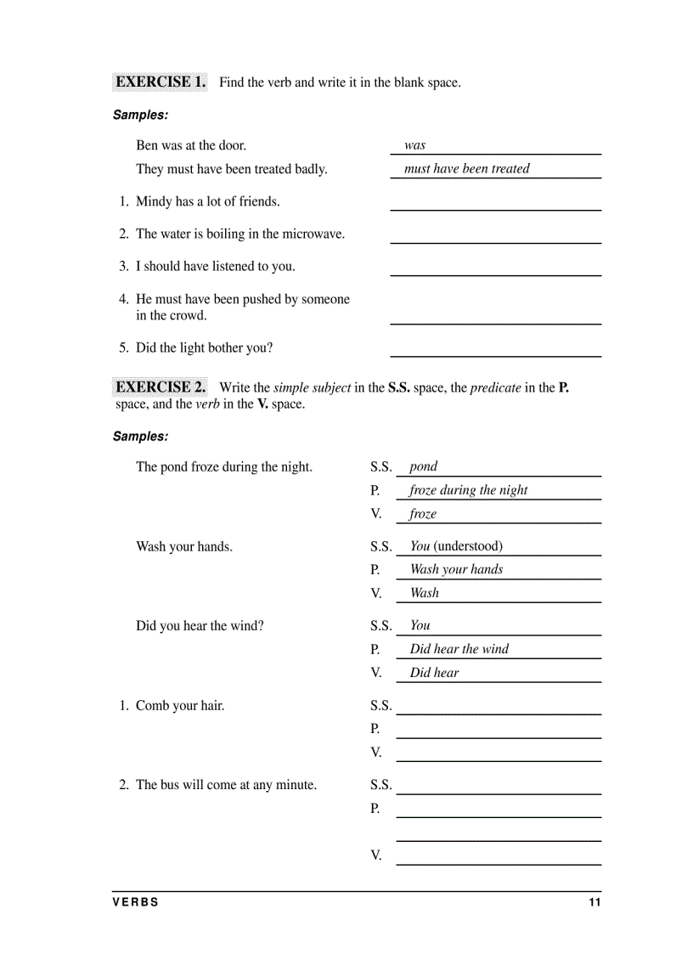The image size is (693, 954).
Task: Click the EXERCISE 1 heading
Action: [161, 82]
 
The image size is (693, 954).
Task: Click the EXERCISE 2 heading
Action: [161, 387]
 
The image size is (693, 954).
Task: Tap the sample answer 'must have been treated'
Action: [466, 169]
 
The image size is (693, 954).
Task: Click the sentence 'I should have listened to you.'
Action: [216, 267]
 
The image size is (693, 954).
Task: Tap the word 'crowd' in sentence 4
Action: [188, 316]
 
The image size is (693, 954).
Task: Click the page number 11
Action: [594, 902]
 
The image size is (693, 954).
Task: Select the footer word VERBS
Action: [135, 902]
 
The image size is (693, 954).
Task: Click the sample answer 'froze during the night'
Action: [468, 490]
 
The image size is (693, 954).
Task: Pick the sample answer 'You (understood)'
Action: [456, 546]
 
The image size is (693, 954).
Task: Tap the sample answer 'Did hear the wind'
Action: [459, 649]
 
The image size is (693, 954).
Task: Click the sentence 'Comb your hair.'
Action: [180, 706]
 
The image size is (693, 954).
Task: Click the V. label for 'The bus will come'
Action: [376, 855]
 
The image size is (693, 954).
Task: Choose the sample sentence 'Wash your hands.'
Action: [184, 547]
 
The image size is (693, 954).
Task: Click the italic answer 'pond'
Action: [423, 466]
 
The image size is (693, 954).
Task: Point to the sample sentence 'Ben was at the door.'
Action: [191, 145]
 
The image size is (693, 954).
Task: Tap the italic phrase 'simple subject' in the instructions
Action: [312, 387]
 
